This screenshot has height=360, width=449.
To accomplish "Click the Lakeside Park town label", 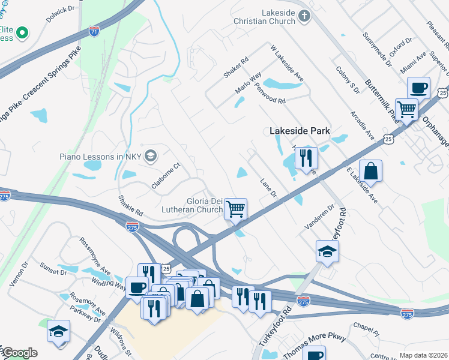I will (300, 131).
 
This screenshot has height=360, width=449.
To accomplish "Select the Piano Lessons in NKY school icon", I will (149, 156).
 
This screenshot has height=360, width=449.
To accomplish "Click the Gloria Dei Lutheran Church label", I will (192, 205).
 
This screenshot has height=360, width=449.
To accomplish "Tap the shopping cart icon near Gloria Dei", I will (236, 209).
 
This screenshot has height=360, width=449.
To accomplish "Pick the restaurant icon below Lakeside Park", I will (306, 158).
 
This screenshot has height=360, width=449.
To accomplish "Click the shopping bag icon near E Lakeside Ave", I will (370, 170).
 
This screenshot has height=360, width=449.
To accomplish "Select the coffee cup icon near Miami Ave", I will (418, 88).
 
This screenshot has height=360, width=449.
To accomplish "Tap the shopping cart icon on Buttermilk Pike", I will (406, 110).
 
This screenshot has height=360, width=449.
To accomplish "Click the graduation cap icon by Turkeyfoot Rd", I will (327, 251).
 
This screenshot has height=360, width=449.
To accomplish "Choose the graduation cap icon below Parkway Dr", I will (58, 331).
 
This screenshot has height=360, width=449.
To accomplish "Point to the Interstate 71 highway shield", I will (94, 29).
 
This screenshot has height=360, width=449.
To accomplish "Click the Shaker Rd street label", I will (235, 68).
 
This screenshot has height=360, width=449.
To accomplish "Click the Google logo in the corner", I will (19, 353).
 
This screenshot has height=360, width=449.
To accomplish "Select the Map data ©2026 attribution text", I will (423, 355).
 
